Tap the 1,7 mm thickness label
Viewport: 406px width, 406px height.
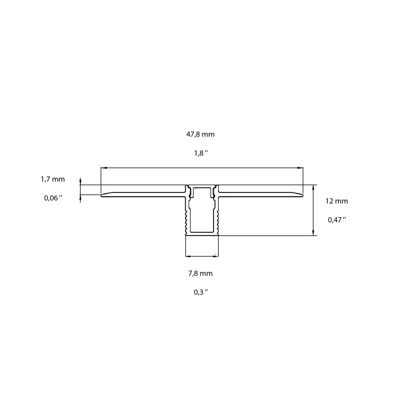click(53, 179)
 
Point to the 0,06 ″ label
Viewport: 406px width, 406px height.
click(53, 198)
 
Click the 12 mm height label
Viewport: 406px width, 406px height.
click(336, 201)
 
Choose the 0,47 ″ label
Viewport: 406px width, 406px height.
click(336, 220)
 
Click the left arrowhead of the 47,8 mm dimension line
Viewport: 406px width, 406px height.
click(103, 167)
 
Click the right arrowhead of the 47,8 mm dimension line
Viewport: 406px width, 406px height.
click(301, 167)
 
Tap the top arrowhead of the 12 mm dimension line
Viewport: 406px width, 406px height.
click(313, 187)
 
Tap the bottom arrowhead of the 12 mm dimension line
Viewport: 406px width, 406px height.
click(313, 233)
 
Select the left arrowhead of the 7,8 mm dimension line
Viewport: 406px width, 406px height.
click(187, 254)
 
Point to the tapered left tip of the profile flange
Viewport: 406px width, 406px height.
click(103, 194)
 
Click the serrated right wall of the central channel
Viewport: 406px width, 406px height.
click(218, 218)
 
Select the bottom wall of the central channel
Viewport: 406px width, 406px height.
click(202, 234)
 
